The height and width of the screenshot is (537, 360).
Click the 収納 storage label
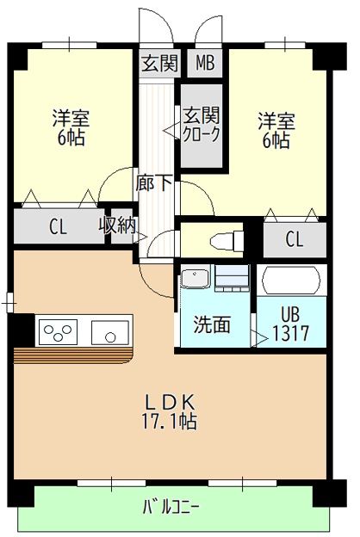click(116, 227)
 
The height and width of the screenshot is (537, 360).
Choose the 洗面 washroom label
click(212, 324)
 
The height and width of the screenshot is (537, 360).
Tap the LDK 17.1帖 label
click(170, 411)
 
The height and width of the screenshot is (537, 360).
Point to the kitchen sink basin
click(110, 330)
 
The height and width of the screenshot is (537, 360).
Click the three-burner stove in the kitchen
click(59, 330)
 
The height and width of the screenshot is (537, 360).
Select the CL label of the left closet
click(58, 228)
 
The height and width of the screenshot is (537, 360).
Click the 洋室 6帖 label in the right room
click(276, 129)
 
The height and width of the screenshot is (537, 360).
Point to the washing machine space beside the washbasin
click(232, 278)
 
